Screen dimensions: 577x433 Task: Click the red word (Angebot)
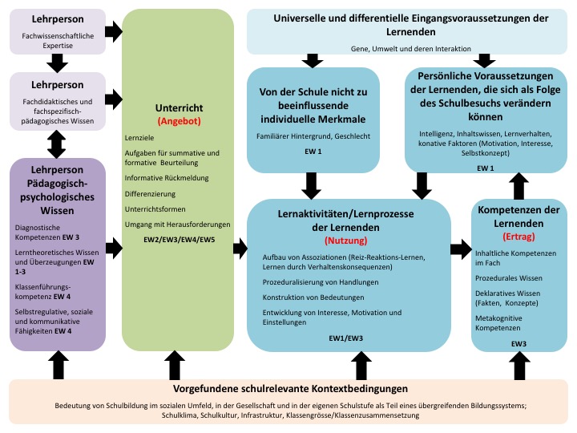pyautogui.click(x=180, y=121)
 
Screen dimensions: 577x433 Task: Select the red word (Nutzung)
pyautogui.click(x=346, y=241)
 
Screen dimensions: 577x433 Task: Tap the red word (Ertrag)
pyautogui.click(x=518, y=237)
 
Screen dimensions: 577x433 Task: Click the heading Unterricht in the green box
pyautogui.click(x=180, y=108)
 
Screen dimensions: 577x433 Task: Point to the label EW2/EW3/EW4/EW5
pyautogui.click(x=180, y=240)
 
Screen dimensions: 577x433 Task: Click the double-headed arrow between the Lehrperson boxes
pyautogui.click(x=57, y=144)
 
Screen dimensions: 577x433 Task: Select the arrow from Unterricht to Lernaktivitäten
pyautogui.click(x=240, y=248)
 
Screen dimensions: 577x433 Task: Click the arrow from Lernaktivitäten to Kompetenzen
pyautogui.click(x=461, y=249)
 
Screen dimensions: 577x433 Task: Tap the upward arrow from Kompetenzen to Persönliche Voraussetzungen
pyautogui.click(x=518, y=186)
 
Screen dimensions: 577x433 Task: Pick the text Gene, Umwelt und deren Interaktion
pyautogui.click(x=410, y=49)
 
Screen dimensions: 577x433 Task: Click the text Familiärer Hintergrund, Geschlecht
pyautogui.click(x=313, y=136)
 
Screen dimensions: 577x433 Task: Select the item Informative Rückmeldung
pyautogui.click(x=167, y=178)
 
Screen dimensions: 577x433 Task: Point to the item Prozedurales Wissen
pyautogui.click(x=509, y=278)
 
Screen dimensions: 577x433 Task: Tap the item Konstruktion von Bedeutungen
pyautogui.click(x=313, y=297)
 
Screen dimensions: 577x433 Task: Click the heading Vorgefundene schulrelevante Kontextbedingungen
pyautogui.click(x=290, y=389)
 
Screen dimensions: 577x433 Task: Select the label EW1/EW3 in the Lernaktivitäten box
pyautogui.click(x=346, y=338)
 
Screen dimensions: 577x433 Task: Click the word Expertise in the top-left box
pyautogui.click(x=58, y=46)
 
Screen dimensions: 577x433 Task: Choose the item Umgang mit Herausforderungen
pyautogui.click(x=177, y=225)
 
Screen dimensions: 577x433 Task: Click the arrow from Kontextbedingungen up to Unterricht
pyautogui.click(x=175, y=365)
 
